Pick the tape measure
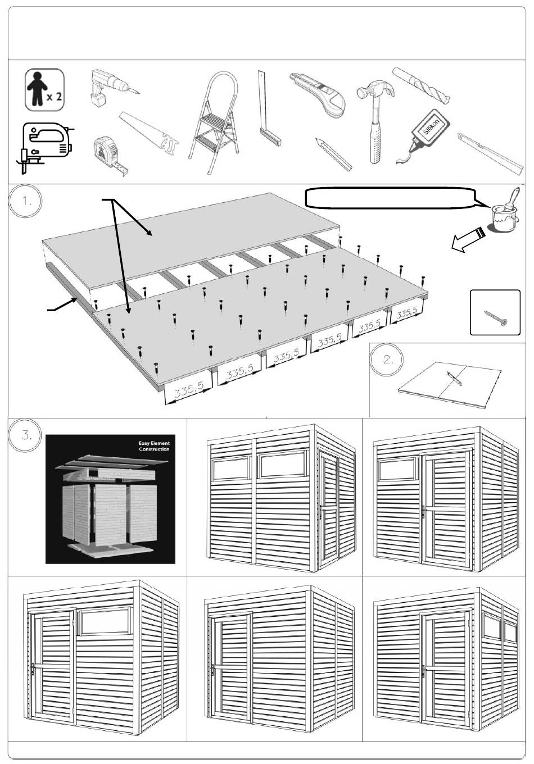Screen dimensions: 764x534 point(108,152)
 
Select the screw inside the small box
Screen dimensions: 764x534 point(495,318)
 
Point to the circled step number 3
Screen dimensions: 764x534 point(25,435)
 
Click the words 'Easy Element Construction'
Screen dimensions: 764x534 point(153,447)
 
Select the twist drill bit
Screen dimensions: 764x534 point(422,85)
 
